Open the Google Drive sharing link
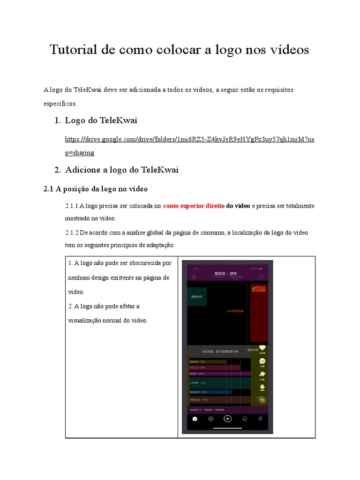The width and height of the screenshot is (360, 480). click(189, 140)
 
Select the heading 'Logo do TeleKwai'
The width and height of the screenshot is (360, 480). click(101, 120)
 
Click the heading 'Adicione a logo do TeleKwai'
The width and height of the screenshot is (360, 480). click(121, 170)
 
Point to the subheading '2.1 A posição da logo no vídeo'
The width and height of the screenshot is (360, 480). click(95, 189)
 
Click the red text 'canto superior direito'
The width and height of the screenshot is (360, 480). click(194, 206)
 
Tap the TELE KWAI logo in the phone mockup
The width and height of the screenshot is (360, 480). click(259, 289)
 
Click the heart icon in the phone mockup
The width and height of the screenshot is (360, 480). click(262, 347)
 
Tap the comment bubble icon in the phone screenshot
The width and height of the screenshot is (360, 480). click(262, 361)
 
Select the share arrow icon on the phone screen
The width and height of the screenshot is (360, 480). click(262, 374)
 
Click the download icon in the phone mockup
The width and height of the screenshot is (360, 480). click(262, 387)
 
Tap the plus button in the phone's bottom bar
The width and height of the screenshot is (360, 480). click(227, 419)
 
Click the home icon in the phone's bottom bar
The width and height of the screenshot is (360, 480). click(195, 419)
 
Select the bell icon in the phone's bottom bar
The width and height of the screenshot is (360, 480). click(244, 419)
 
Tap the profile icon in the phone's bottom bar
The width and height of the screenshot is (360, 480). click(261, 419)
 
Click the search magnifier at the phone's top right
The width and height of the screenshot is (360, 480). click(262, 277)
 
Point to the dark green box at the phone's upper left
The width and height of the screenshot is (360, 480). click(196, 297)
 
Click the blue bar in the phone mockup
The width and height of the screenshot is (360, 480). click(210, 391)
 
